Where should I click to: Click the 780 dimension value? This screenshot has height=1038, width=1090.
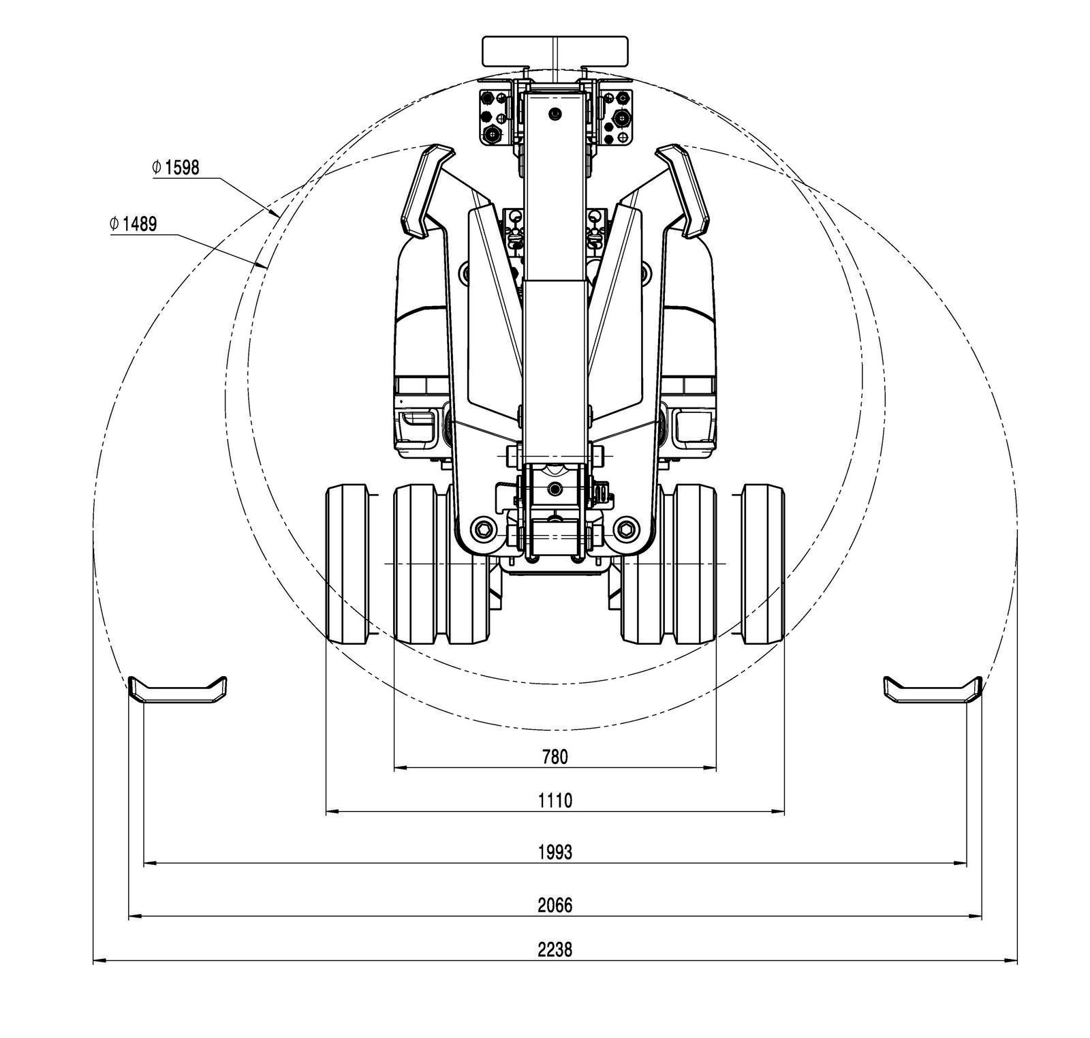[x=555, y=757]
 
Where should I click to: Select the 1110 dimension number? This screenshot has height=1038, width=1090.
[x=555, y=800]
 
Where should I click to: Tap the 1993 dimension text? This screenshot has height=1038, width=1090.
[x=555, y=852]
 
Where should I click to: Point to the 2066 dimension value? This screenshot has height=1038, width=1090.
[x=555, y=905]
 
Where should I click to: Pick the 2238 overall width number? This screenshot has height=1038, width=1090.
[x=555, y=949]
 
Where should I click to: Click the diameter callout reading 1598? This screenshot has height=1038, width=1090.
[x=176, y=168]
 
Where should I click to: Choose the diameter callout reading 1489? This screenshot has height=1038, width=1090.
[x=134, y=224]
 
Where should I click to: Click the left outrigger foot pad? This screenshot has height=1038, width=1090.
[x=178, y=690]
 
